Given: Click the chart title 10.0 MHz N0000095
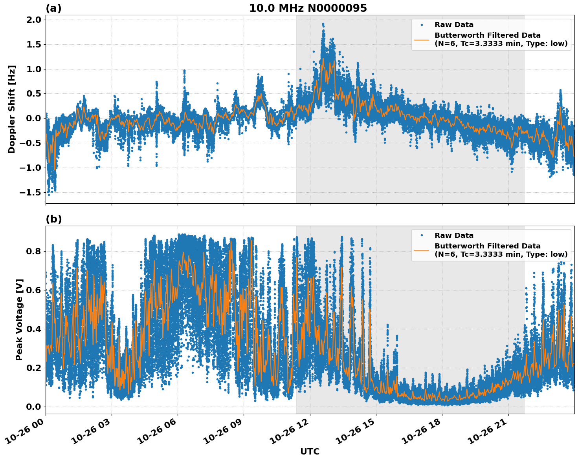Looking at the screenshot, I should (x=308, y=8).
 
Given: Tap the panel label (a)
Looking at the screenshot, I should (x=53, y=8).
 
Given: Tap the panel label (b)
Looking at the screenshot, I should (x=53, y=219).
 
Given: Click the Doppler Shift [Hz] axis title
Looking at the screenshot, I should (x=12, y=109).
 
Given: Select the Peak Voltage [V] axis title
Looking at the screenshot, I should (x=19, y=319).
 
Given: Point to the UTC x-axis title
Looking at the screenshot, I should (x=310, y=451).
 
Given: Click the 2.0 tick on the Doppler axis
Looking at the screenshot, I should (x=33, y=20).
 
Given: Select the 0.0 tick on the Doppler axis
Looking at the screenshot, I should (x=33, y=118).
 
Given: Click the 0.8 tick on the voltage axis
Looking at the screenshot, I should (x=33, y=251).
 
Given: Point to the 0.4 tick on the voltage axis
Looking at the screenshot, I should (x=33, y=329).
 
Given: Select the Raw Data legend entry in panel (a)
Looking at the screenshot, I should (x=454, y=25).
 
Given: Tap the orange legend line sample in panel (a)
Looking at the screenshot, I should (x=421, y=40).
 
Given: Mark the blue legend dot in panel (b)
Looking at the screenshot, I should (x=421, y=235).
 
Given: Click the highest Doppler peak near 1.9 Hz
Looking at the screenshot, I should (x=323, y=24).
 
